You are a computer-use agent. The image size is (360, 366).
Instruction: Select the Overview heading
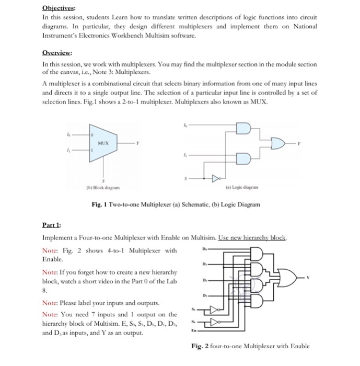(56, 52)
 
